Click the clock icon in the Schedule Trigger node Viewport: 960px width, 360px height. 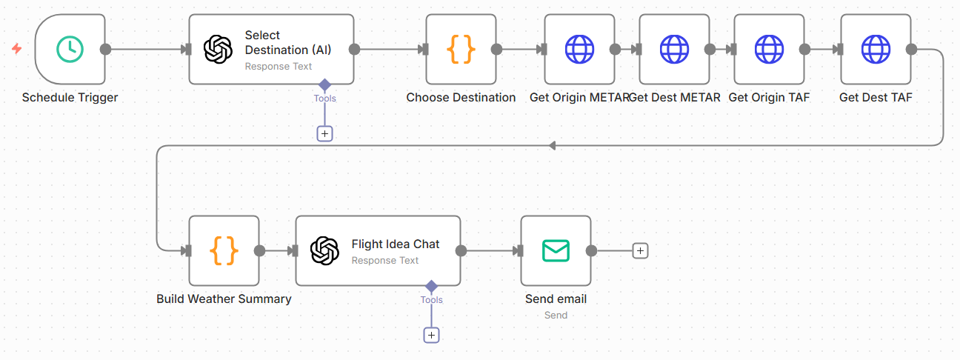(70, 49)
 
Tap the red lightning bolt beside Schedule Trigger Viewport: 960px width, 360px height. (16, 49)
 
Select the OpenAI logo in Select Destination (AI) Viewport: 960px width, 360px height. (219, 49)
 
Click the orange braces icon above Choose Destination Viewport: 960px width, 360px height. (461, 49)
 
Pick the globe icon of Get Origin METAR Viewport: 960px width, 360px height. (579, 49)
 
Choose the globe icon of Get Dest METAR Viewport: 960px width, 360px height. (674, 49)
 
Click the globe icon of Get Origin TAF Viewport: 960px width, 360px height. (769, 49)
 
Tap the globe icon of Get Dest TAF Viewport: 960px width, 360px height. (876, 49)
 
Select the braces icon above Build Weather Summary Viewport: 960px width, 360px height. (224, 250)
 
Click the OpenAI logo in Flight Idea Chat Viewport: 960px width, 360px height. (325, 250)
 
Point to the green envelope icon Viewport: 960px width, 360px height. (556, 250)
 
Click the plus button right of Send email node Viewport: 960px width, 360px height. (641, 250)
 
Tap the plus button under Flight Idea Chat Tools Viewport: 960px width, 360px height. (431, 335)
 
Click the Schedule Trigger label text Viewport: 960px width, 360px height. (70, 97)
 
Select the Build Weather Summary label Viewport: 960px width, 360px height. (224, 299)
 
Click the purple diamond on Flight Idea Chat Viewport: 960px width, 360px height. (431, 286)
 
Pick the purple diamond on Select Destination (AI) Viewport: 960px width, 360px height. (324, 84)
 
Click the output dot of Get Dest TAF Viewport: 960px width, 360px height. (911, 49)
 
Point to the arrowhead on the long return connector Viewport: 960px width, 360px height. (553, 145)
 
